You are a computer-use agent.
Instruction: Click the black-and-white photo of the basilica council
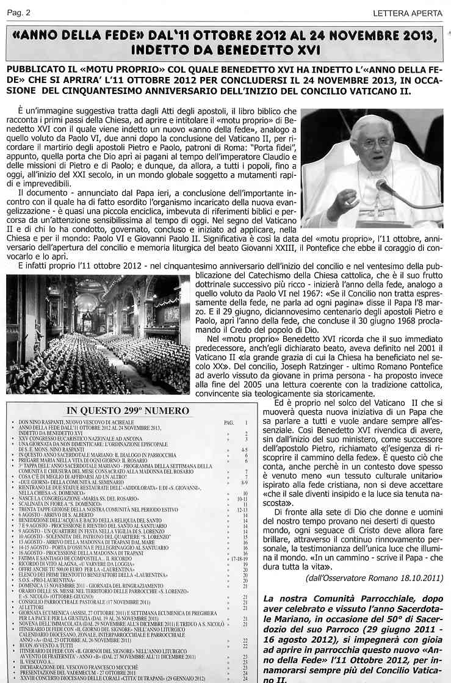(98, 334)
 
